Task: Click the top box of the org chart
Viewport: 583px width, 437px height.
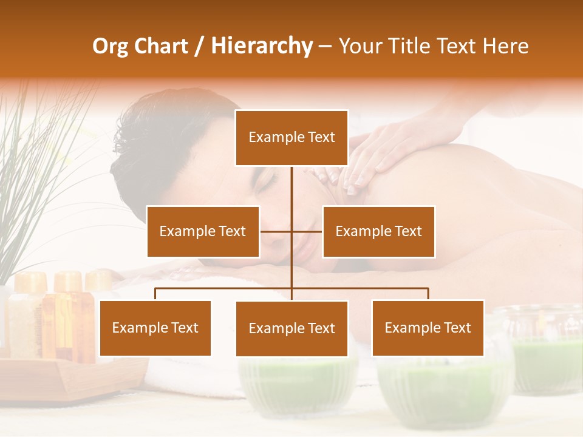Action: (291, 138)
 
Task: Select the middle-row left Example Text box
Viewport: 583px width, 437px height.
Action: (203, 231)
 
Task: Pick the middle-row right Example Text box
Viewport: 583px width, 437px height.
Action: (378, 231)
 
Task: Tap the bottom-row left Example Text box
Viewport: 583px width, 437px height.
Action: (155, 328)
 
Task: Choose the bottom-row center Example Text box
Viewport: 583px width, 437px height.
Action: (291, 328)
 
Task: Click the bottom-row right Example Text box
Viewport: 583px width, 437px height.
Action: (428, 328)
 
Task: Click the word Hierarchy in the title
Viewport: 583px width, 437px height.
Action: (262, 46)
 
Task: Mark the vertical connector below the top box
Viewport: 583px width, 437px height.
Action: (291, 188)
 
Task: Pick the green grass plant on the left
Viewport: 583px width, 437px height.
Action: (30, 170)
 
